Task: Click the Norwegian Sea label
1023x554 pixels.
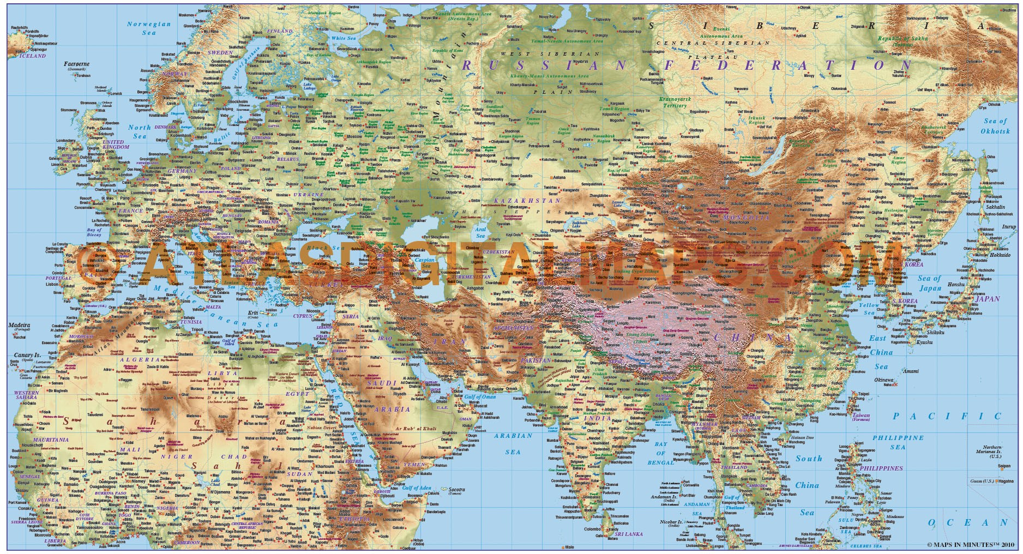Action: tap(149, 28)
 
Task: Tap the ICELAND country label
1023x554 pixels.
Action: tap(33, 56)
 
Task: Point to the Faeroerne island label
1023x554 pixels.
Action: tap(76, 64)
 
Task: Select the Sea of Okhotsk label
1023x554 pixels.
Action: tap(995, 126)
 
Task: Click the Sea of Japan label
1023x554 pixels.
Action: tap(930, 283)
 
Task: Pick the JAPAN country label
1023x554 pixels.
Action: tap(988, 299)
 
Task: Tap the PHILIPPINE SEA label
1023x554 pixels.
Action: tap(898, 442)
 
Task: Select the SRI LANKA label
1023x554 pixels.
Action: tap(628, 534)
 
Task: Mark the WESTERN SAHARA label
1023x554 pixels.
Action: tap(26, 395)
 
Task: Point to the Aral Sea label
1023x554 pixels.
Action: tap(480, 233)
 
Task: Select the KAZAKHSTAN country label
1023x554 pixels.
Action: tap(527, 201)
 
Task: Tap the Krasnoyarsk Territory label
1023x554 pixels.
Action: tap(675, 103)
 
